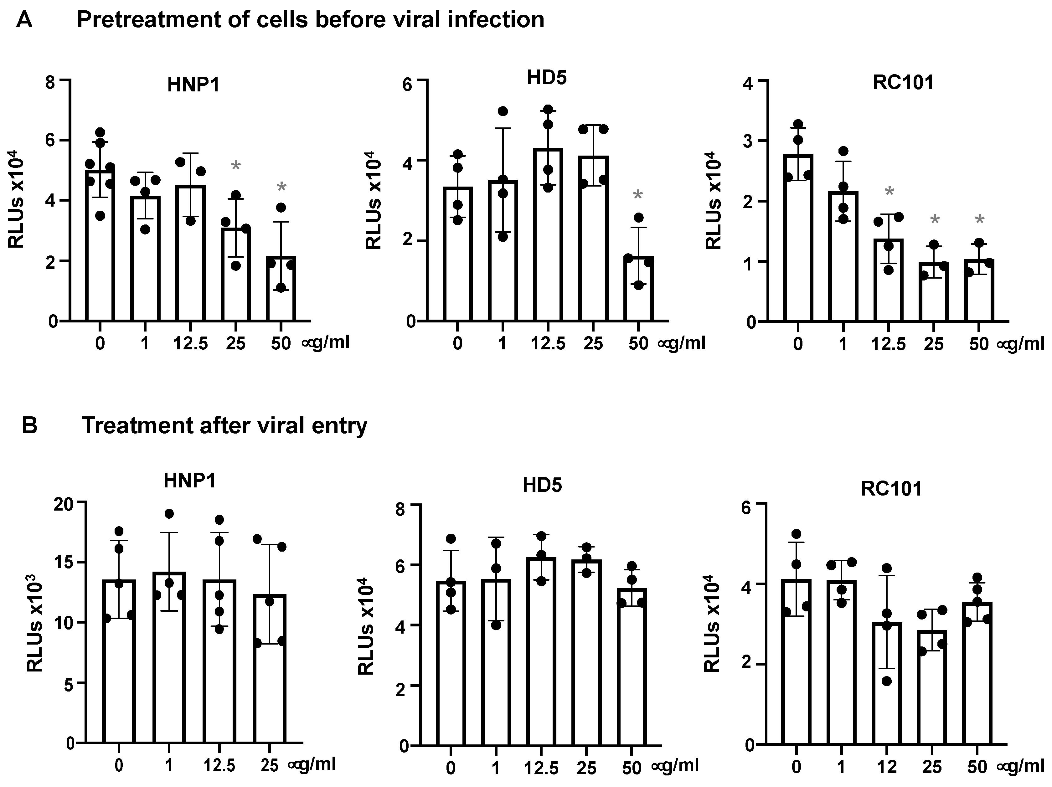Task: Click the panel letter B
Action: point(29,425)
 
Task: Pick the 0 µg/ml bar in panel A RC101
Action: point(798,238)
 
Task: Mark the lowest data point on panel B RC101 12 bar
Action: point(887,681)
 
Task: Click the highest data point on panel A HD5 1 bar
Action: point(503,111)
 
